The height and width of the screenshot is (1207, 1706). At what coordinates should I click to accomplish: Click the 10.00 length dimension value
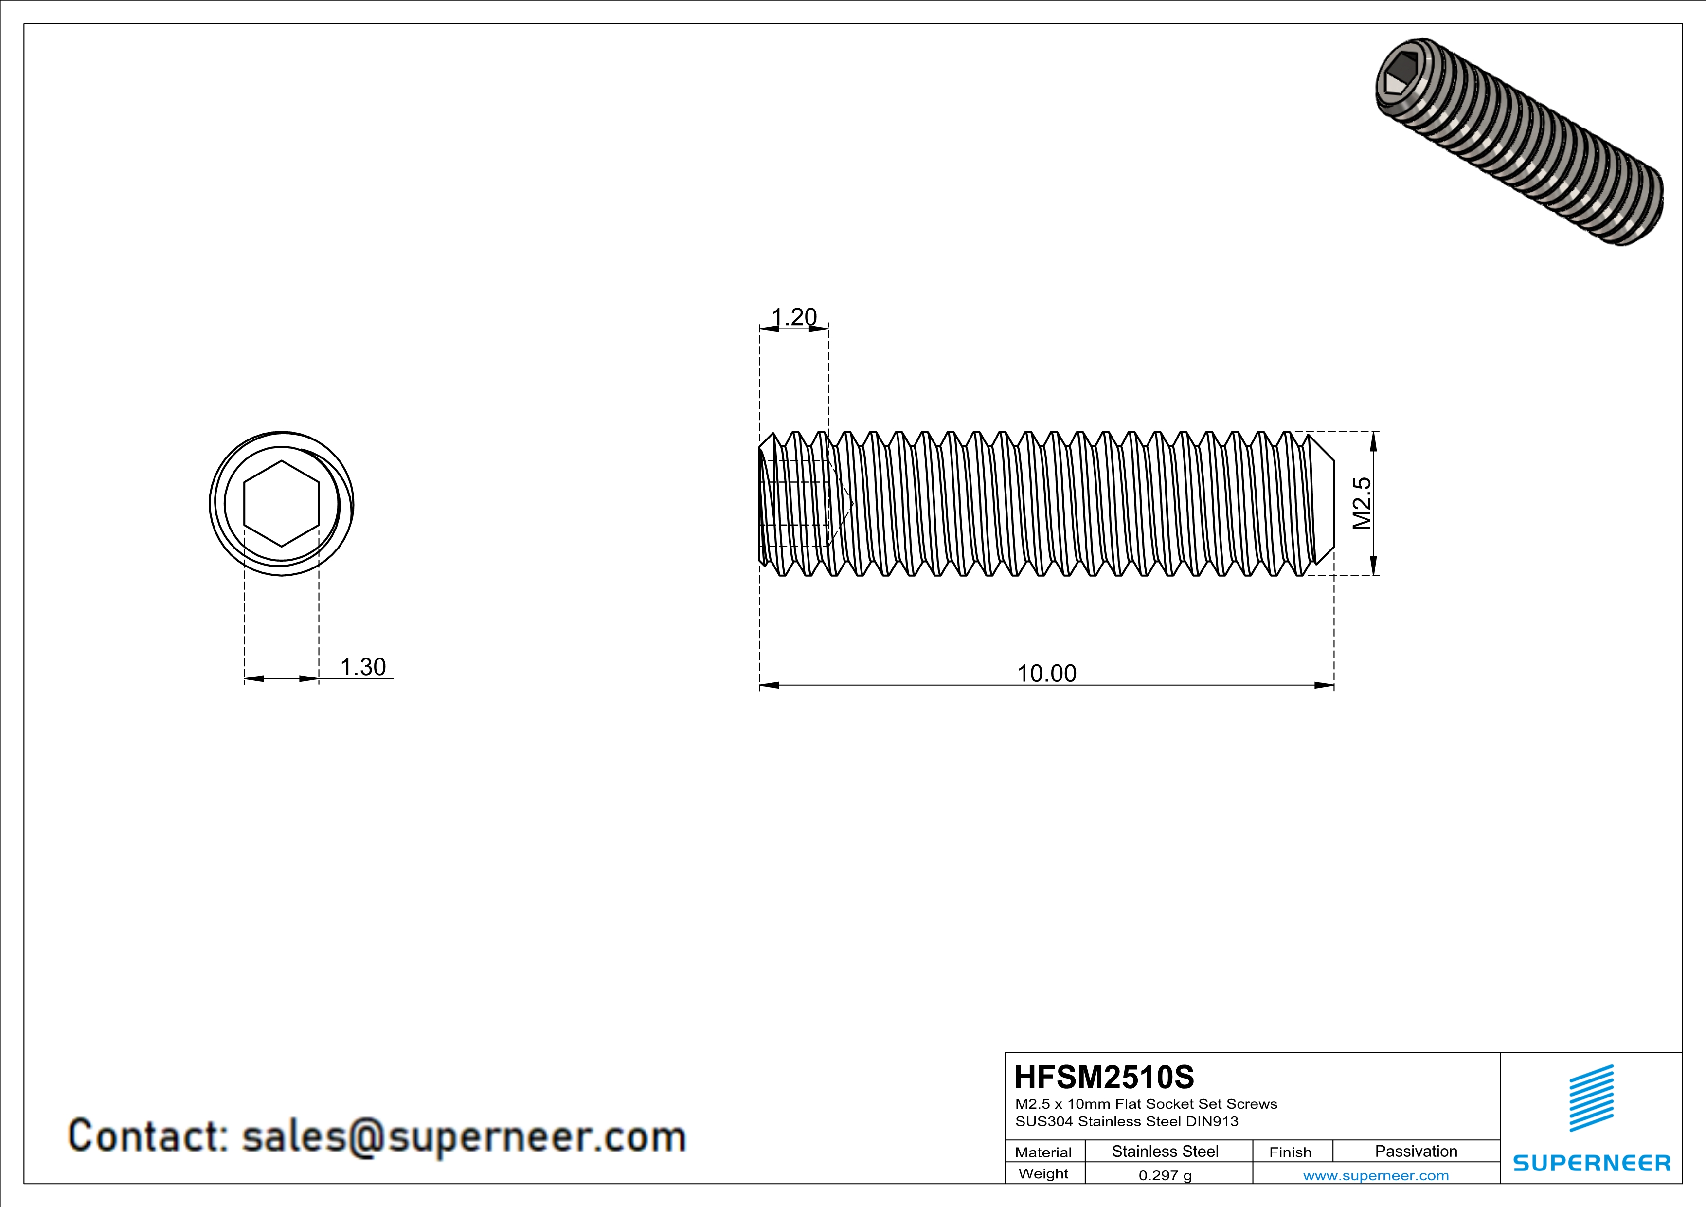[1046, 674]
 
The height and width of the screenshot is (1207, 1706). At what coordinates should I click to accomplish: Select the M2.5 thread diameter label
[1361, 503]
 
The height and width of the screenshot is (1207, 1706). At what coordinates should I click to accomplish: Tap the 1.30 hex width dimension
[362, 667]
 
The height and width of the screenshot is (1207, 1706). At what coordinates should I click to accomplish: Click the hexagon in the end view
[282, 504]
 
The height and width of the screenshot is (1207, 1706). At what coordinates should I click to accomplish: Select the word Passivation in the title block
[1416, 1151]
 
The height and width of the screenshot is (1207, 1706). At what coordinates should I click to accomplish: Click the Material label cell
[1043, 1152]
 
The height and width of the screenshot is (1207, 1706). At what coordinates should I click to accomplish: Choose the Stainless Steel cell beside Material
[1164, 1151]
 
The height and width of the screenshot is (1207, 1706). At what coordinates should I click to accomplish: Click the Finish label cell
[1290, 1152]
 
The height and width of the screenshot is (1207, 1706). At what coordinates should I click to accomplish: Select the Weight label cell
[1043, 1173]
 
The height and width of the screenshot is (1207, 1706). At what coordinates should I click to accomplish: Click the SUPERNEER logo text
[1592, 1163]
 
